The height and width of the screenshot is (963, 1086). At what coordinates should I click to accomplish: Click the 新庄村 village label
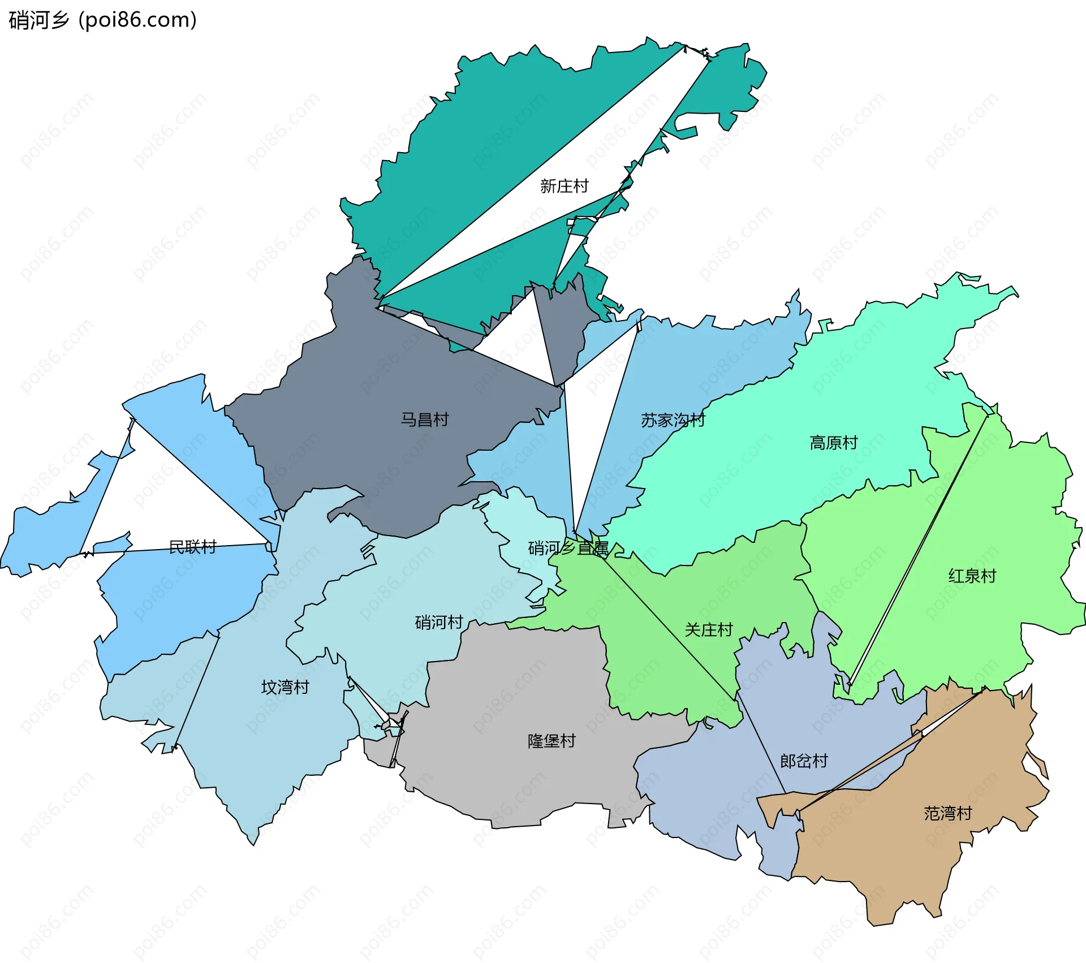tap(564, 186)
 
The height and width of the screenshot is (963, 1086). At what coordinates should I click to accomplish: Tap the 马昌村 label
tap(425, 420)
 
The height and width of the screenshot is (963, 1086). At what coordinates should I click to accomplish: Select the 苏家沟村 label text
tap(673, 420)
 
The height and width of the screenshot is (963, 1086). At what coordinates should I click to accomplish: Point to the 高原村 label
tap(834, 443)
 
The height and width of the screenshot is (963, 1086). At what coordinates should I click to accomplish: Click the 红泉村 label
tap(972, 576)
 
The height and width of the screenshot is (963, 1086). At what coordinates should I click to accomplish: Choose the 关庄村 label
tap(708, 630)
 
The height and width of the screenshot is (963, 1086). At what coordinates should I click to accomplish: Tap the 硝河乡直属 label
tap(568, 548)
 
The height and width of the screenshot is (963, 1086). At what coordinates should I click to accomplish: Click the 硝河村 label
tap(439, 623)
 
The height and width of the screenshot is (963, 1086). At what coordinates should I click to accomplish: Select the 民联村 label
tap(193, 547)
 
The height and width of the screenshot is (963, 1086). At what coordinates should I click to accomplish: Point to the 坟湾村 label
tap(285, 688)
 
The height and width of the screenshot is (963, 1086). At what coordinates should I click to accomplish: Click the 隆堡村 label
tap(551, 741)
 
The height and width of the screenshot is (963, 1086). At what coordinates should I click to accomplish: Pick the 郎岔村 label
tap(804, 761)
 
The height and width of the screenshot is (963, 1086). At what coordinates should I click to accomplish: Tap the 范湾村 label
tap(948, 814)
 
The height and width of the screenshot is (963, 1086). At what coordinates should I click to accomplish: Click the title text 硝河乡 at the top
tap(38, 20)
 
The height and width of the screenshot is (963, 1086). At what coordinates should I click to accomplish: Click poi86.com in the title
tap(137, 20)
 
